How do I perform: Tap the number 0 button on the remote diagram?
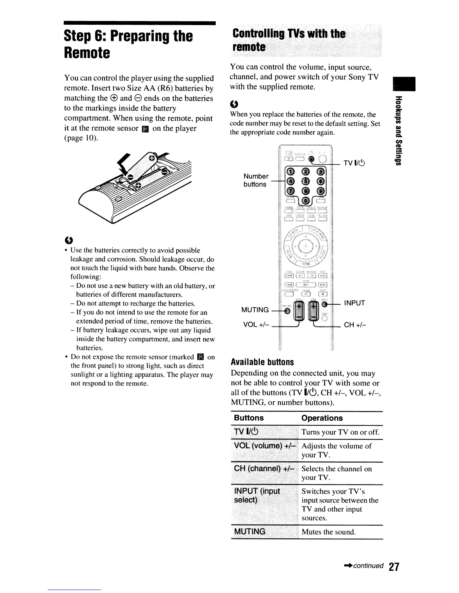tap(306, 200)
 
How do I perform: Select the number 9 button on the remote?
tap(321, 191)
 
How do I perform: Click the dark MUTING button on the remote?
tap(287, 310)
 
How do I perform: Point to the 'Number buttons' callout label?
tap(256, 180)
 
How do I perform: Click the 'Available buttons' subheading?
tap(262, 362)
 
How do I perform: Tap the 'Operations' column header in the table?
tap(322, 418)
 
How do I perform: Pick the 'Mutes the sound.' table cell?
tap(328, 532)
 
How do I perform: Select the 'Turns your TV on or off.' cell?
tap(340, 432)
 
